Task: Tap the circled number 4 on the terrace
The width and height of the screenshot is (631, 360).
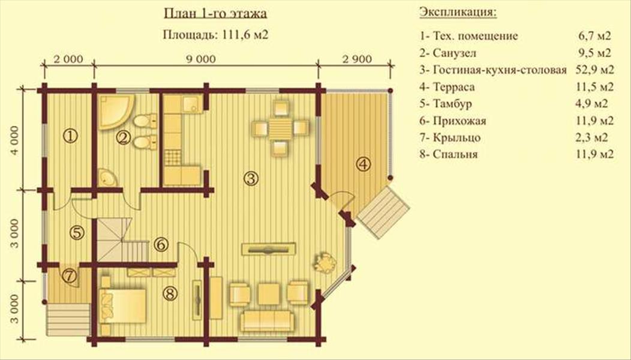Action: (x=363, y=164)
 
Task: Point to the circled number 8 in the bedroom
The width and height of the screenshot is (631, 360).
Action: (x=170, y=293)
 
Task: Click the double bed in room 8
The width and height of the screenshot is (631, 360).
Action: (x=123, y=305)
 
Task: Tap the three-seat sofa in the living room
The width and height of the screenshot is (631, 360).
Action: (x=267, y=320)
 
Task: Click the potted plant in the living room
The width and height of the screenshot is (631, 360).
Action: (x=325, y=263)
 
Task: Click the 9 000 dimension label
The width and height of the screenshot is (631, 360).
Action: (x=201, y=59)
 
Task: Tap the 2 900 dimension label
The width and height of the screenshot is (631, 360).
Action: (x=357, y=59)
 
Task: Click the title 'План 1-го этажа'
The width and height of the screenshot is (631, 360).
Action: (x=215, y=14)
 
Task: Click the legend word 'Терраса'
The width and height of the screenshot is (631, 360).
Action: (x=453, y=86)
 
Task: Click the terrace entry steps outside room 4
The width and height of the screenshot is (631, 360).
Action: (x=383, y=213)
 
